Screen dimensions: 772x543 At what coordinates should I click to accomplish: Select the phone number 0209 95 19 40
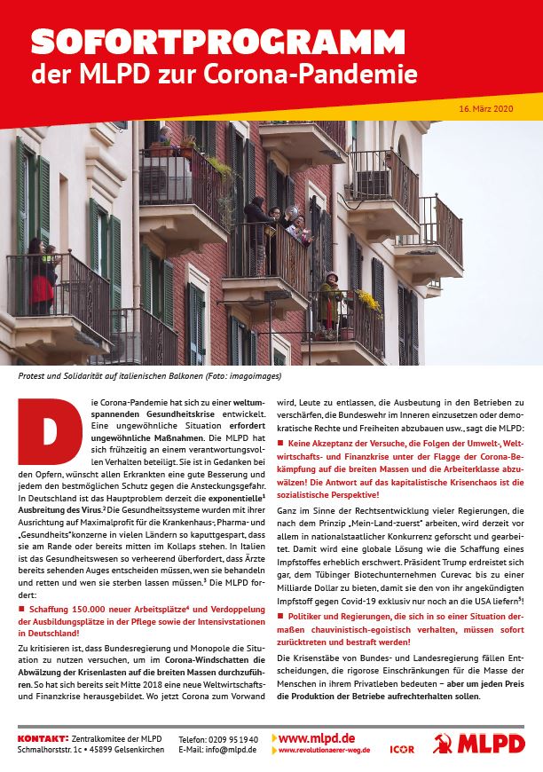[x=232, y=738]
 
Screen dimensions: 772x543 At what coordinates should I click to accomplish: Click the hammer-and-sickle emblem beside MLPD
[x=443, y=744]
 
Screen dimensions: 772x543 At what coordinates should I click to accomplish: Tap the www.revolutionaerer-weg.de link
[x=324, y=751]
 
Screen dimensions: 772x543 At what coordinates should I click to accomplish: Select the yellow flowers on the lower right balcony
[x=366, y=302]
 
